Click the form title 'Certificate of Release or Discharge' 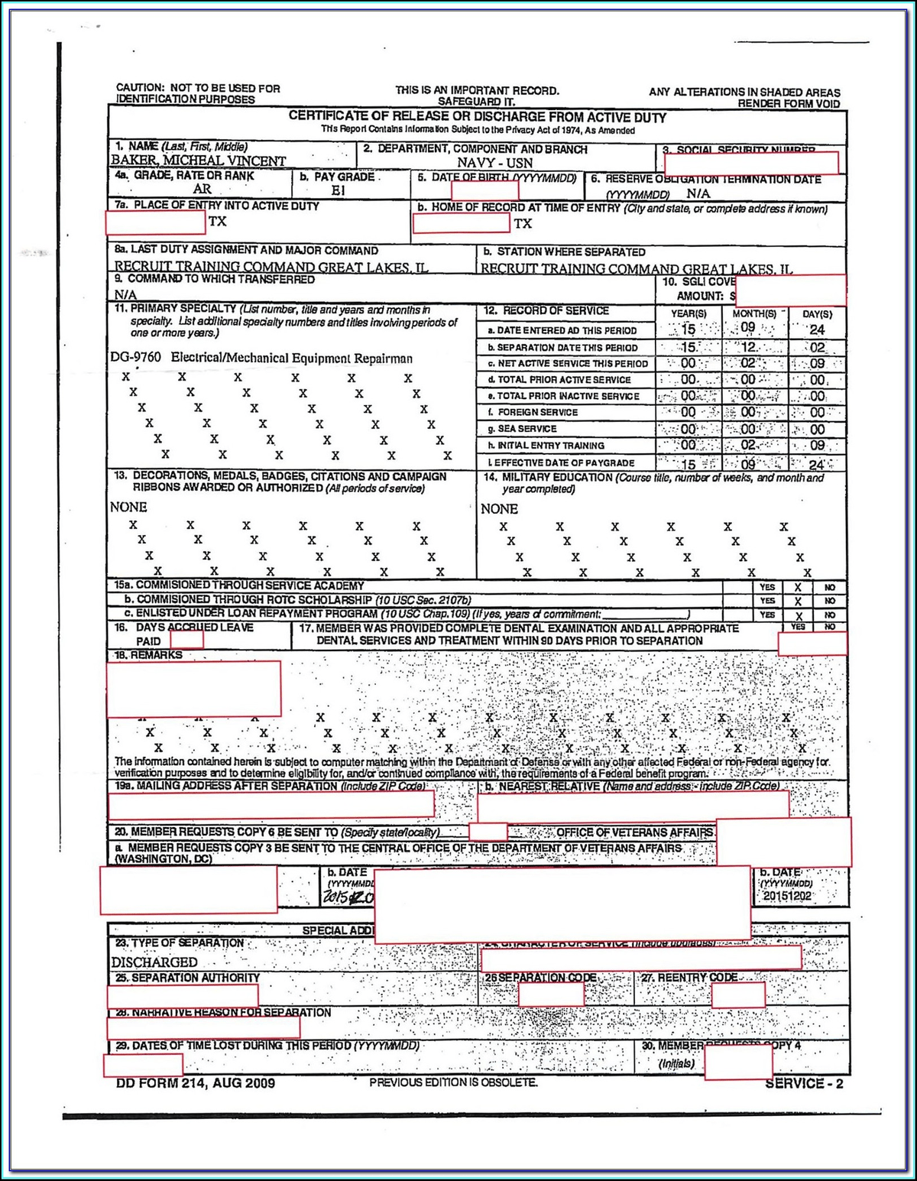point(477,117)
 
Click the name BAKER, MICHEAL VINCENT point(199,161)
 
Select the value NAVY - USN point(494,163)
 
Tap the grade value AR point(202,189)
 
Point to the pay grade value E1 point(339,190)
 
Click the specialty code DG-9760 point(136,358)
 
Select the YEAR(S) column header point(688,313)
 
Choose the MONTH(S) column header point(753,313)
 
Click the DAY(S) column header point(817,314)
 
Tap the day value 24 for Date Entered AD point(817,329)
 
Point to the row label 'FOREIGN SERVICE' point(537,412)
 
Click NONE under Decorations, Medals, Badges point(128,507)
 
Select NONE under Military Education point(499,509)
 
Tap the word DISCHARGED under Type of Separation point(154,962)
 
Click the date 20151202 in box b point(787,896)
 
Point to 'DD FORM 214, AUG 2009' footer point(196,1082)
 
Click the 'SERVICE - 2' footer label point(804,1083)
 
